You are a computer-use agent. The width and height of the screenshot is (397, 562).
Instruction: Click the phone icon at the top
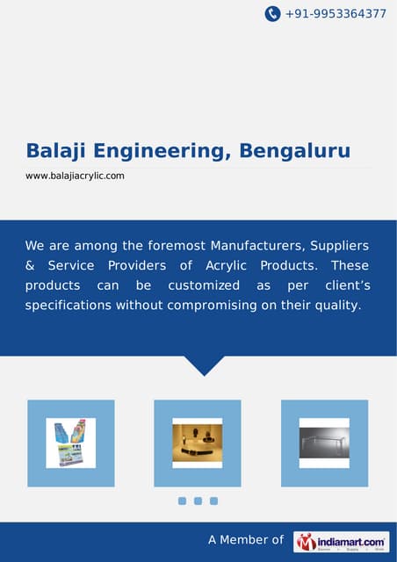click(272, 14)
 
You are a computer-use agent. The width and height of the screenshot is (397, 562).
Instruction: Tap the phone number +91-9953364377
click(336, 14)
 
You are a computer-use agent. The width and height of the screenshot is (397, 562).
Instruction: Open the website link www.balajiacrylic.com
click(75, 176)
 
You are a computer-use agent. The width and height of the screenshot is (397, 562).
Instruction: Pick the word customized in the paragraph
click(204, 285)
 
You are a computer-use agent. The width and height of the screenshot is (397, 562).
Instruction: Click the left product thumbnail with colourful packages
click(71, 443)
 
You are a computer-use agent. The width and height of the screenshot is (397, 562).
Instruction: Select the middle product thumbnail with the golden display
click(198, 443)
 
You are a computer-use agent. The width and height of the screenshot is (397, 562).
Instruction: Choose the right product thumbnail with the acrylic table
click(324, 443)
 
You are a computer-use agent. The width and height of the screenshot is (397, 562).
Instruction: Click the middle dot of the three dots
click(198, 501)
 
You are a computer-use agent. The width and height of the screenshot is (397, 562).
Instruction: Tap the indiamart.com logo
click(342, 541)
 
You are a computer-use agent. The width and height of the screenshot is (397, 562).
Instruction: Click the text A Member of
click(245, 541)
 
